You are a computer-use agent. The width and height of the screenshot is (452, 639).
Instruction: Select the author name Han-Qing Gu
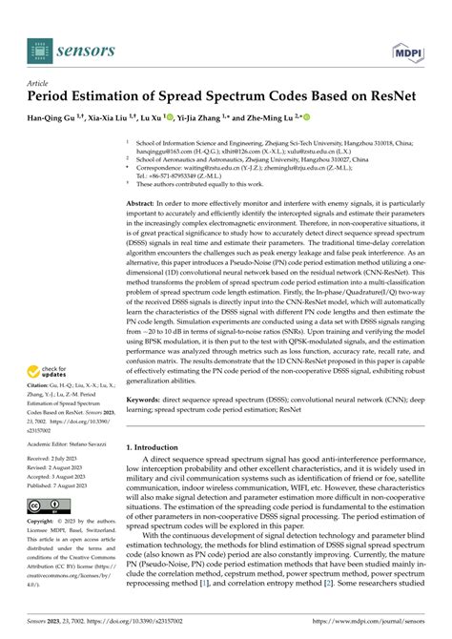pyautogui.click(x=56, y=118)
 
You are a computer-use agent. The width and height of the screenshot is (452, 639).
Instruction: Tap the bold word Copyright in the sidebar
pyautogui.click(x=47, y=524)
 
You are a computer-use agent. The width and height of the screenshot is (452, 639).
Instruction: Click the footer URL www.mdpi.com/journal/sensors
pyautogui.click(x=372, y=626)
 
